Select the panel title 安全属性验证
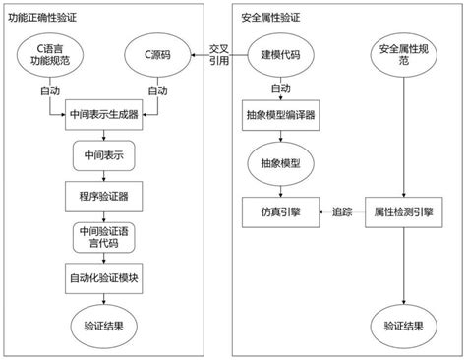272,17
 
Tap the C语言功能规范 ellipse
51,55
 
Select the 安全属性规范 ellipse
404,56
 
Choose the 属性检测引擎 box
404,210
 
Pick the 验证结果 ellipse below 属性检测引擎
404,325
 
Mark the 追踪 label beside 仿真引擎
342,210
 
